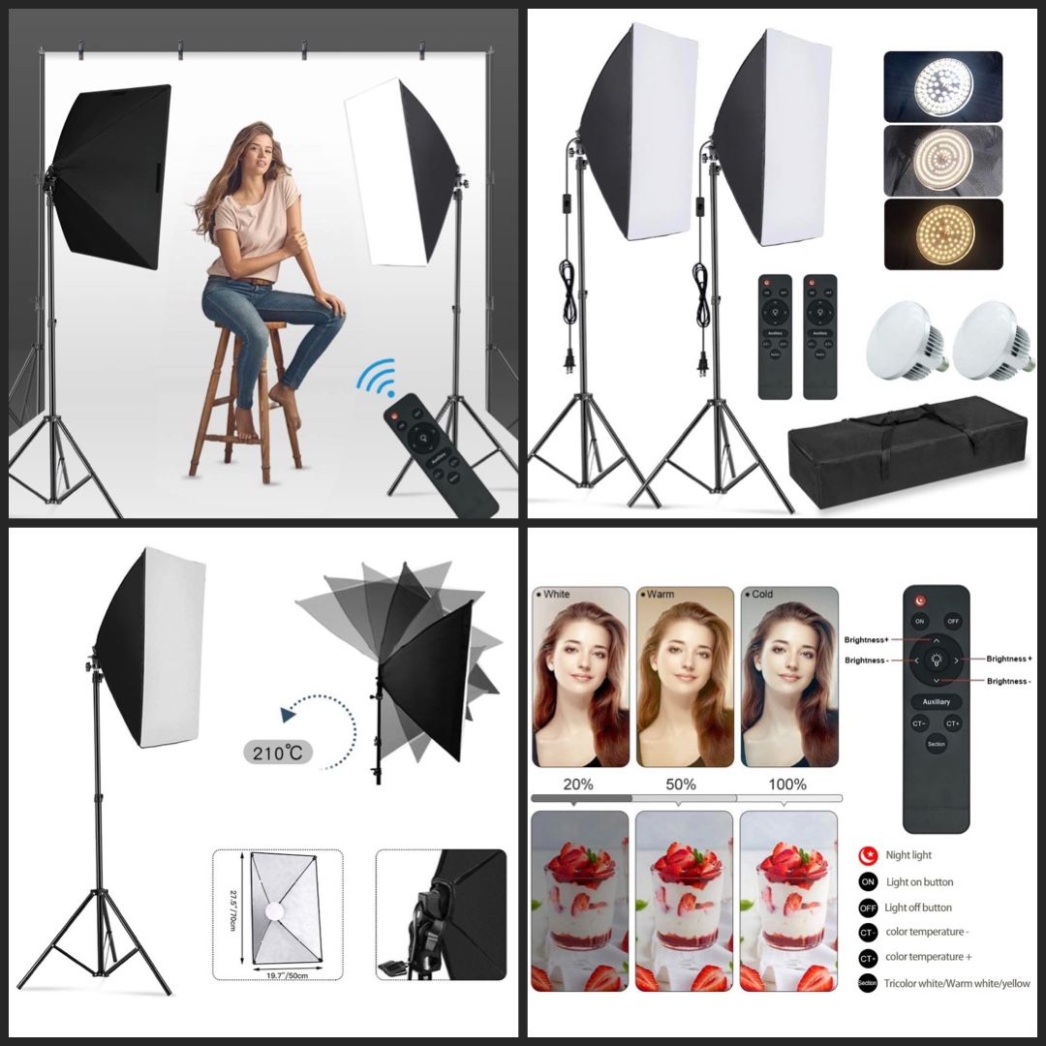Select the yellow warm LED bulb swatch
[942, 234]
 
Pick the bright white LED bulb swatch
[942, 87]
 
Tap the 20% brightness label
[577, 784]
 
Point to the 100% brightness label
[786, 784]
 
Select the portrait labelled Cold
[788, 678]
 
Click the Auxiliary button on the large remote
[936, 701]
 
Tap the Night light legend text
[908, 855]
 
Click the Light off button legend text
[918, 908]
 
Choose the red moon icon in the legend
[867, 855]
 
